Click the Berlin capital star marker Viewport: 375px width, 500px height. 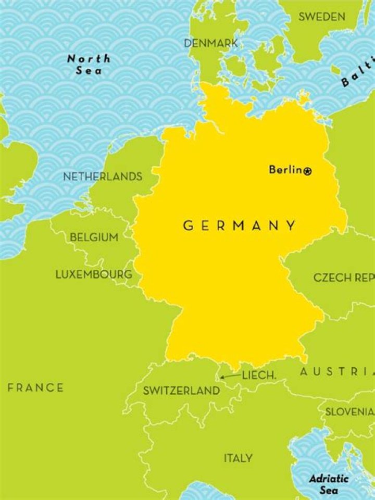click(307, 170)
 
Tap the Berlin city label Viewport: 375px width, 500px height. click(285, 169)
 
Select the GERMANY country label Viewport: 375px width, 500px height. click(239, 226)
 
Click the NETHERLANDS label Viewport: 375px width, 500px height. click(103, 177)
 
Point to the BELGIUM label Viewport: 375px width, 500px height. click(94, 238)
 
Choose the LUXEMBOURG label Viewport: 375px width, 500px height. click(94, 274)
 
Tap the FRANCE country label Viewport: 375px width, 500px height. click(35, 387)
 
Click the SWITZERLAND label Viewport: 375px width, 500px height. click(181, 390)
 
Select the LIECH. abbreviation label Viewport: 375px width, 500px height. click(259, 375)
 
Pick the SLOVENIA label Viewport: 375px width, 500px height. click(349, 411)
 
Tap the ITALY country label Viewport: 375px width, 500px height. click(238, 458)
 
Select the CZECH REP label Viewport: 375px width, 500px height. click(344, 278)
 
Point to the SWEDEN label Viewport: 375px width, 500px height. click(321, 17)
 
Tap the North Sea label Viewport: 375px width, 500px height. click(89, 64)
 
